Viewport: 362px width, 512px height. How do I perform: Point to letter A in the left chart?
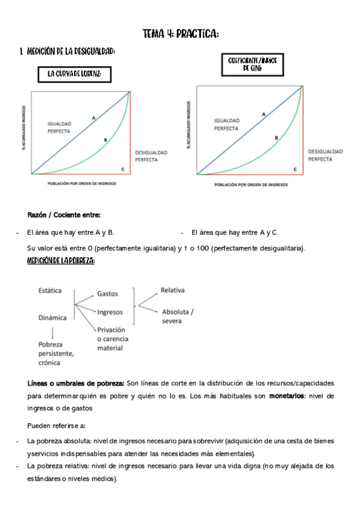[94, 118]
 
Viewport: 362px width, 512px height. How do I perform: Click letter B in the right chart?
[276, 138]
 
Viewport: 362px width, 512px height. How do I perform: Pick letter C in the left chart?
[123, 169]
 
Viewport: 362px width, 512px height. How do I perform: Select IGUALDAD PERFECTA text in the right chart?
[227, 124]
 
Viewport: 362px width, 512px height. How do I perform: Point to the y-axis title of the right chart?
[189, 125]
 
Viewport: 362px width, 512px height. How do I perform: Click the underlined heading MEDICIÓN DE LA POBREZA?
[61, 260]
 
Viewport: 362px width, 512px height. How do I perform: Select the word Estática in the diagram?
[50, 290]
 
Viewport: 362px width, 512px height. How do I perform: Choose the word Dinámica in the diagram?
[52, 317]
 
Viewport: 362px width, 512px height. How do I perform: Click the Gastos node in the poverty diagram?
[107, 294]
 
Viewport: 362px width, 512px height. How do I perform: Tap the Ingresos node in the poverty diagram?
[110, 312]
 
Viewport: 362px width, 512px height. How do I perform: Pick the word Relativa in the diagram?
[173, 290]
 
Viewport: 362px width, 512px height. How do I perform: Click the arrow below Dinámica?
[53, 332]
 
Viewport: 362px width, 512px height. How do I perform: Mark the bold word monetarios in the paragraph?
[287, 396]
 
